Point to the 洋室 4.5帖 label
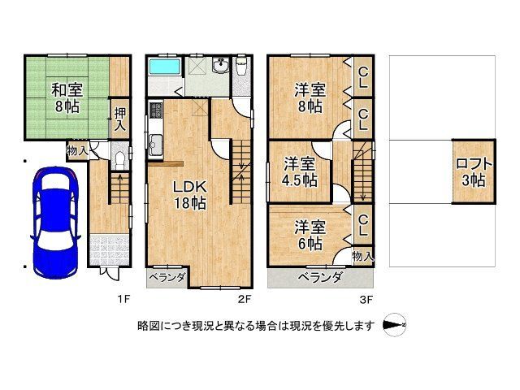(299, 172)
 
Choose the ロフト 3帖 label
(470, 172)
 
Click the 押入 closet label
(119, 119)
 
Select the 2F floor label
(243, 299)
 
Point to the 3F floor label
(367, 299)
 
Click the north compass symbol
(395, 326)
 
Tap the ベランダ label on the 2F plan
(168, 278)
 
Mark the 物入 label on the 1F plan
(77, 151)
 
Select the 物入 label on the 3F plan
(362, 256)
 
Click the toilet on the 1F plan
(119, 156)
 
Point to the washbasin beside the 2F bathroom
(220, 67)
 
